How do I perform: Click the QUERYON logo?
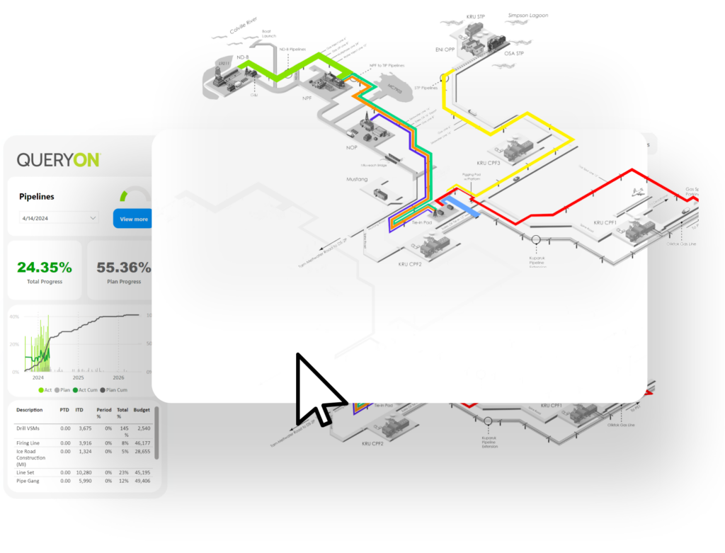(x=58, y=160)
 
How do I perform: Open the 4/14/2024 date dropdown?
(x=59, y=218)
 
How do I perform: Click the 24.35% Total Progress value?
(x=45, y=268)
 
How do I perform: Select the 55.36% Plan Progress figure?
(x=123, y=268)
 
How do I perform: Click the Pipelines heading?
(x=37, y=196)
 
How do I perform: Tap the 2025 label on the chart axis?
(x=79, y=378)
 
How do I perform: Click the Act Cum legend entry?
(x=85, y=390)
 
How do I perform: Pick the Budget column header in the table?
(x=142, y=410)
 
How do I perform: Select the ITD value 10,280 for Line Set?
(x=84, y=472)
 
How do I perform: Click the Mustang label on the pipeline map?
(x=357, y=179)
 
